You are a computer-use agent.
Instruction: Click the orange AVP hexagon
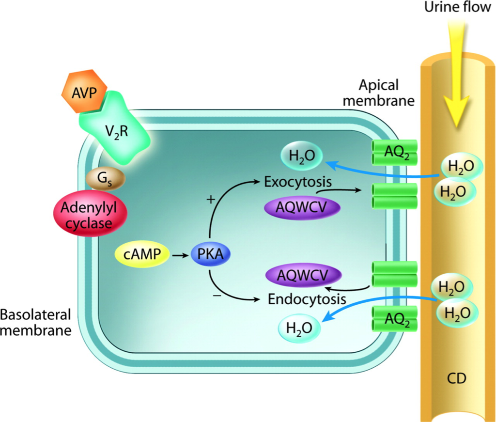(x=84, y=92)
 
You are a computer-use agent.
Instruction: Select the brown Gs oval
(x=105, y=179)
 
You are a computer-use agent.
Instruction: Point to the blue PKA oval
(x=210, y=254)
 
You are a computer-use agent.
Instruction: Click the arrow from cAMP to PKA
(x=180, y=255)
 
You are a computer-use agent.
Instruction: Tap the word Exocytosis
(x=298, y=182)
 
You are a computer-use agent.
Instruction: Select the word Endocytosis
(x=307, y=299)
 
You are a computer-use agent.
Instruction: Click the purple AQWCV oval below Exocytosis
(x=302, y=207)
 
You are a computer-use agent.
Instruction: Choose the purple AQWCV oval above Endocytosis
(x=303, y=275)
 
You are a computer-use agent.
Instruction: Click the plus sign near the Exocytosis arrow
(x=211, y=199)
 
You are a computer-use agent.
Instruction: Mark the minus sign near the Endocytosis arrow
(x=217, y=296)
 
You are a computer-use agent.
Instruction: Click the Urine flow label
(x=457, y=7)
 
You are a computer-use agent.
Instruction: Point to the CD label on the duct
(x=457, y=378)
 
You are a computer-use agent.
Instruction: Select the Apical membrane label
(x=379, y=93)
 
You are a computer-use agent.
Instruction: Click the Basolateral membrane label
(x=36, y=322)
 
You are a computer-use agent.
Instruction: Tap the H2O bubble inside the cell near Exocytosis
(x=302, y=156)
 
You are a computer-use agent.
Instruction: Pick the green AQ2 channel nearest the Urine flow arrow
(x=394, y=153)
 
